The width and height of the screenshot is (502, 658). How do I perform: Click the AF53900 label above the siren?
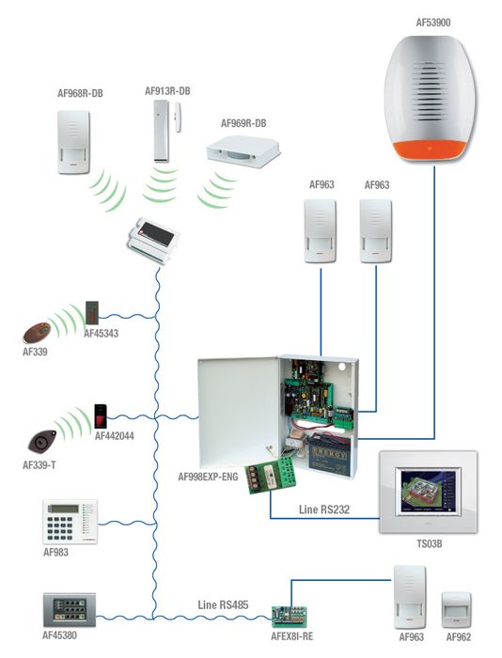click(435, 19)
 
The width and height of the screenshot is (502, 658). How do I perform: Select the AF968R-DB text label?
click(82, 94)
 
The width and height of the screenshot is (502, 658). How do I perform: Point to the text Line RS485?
click(223, 604)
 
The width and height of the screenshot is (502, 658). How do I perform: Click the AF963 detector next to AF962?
click(411, 597)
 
